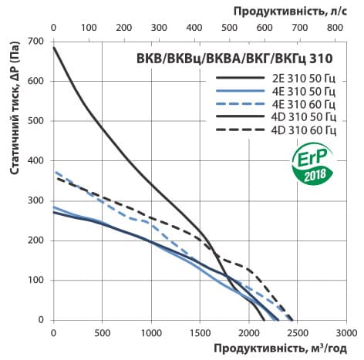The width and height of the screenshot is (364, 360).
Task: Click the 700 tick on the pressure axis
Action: pos(36,41)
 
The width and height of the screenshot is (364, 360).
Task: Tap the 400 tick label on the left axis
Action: pos(36,160)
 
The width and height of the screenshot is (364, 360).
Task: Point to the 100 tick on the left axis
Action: pos(36,280)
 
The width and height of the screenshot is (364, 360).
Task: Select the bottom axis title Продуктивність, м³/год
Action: pos(263,349)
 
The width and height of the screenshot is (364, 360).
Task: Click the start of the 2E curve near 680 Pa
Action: pos(54,49)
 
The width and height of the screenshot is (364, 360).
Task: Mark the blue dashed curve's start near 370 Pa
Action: pos(56,172)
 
